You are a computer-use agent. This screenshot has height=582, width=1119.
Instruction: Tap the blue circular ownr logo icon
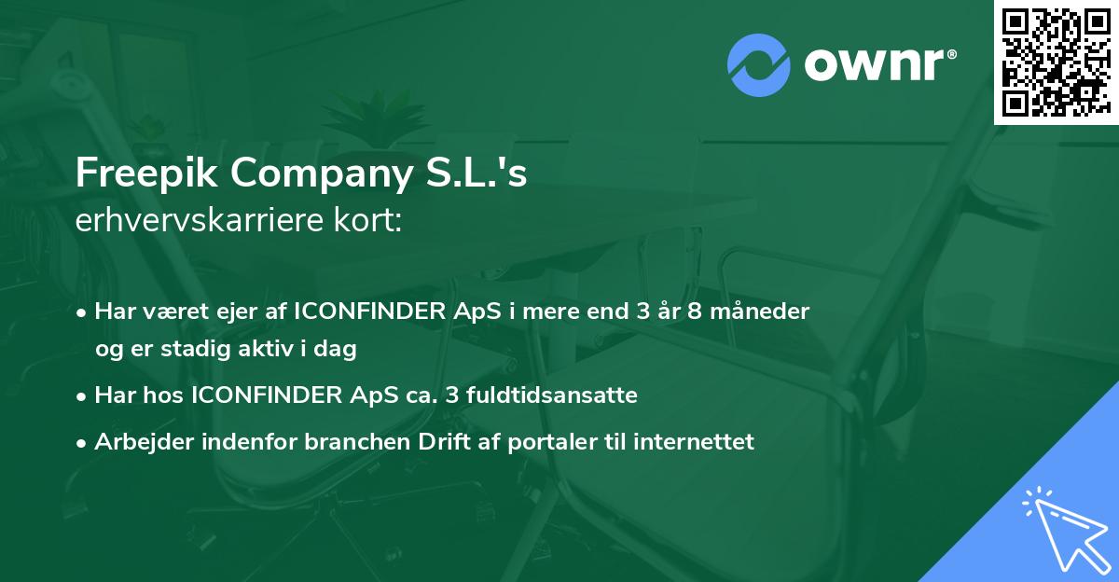758,65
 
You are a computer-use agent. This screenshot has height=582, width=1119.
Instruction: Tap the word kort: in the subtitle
372,222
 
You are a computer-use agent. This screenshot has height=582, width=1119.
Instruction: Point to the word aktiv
269,350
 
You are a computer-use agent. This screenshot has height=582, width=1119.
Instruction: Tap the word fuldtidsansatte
559,395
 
